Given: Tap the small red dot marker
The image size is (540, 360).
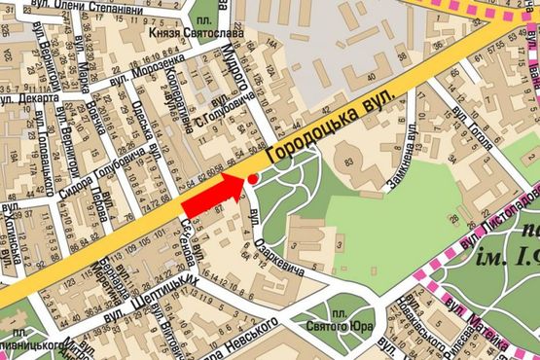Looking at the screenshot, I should (x=253, y=179).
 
